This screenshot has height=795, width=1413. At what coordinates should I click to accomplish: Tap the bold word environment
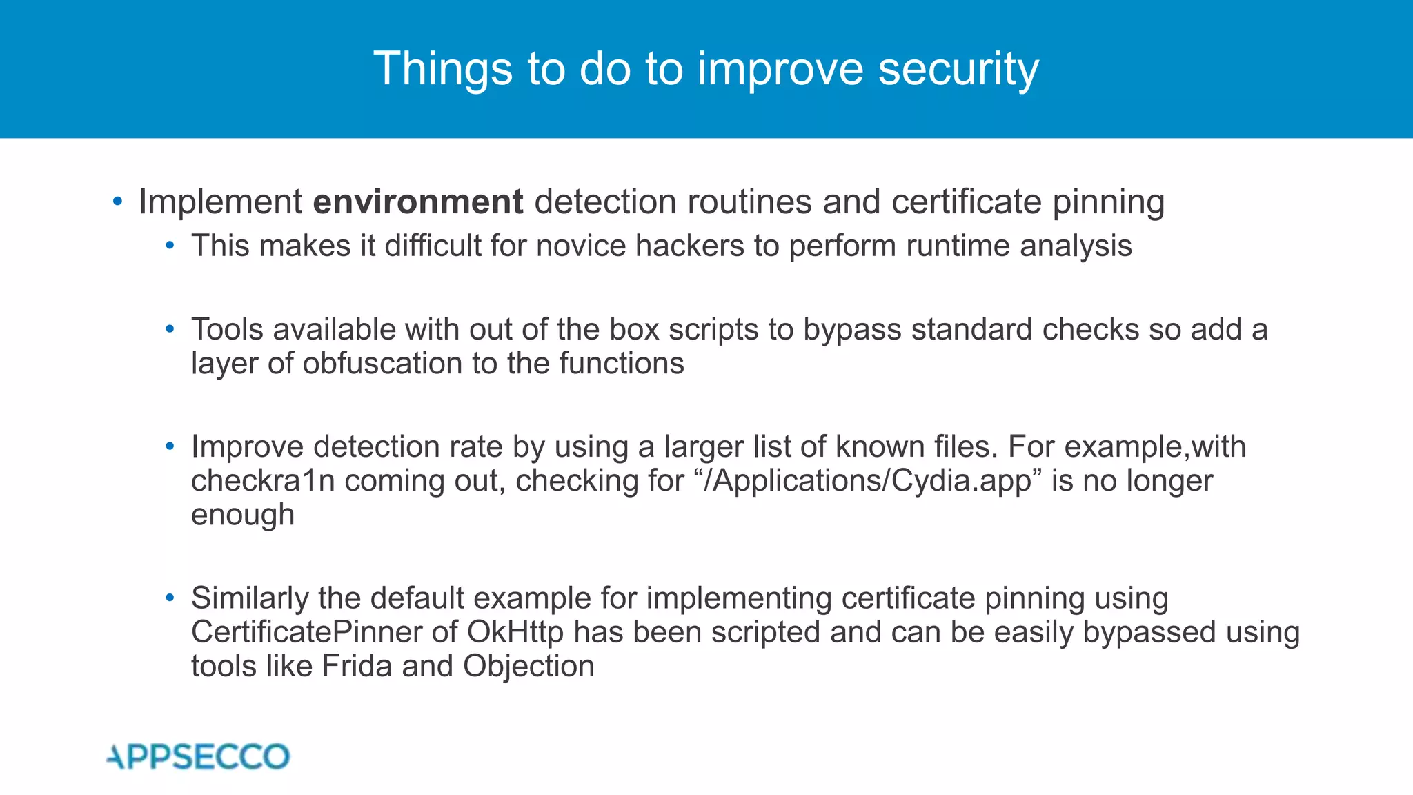click(418, 202)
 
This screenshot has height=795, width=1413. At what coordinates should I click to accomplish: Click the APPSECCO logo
click(199, 756)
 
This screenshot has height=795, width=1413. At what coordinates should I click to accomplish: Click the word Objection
click(528, 666)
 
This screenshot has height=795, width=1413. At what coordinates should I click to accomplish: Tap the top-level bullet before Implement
click(117, 202)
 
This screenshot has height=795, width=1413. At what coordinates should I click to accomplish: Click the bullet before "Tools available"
click(170, 330)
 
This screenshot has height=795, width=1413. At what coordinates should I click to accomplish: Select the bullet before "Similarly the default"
click(170, 598)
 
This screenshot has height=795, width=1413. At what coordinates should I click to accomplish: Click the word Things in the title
click(443, 69)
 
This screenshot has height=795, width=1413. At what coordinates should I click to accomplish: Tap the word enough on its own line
click(243, 515)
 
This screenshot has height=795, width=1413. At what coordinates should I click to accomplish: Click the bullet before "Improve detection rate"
click(170, 447)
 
